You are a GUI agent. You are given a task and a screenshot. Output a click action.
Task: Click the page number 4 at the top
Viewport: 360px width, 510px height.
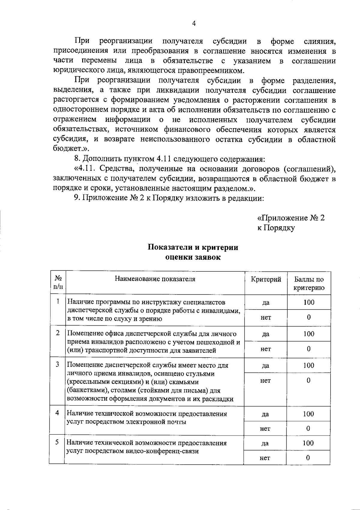click(x=194, y=24)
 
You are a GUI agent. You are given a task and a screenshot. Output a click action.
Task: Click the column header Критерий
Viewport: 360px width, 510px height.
click(x=266, y=279)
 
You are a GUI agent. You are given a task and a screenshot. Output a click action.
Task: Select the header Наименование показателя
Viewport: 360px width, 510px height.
click(x=155, y=279)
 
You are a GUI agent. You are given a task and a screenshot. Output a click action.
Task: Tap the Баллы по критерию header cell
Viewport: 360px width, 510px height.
click(x=309, y=283)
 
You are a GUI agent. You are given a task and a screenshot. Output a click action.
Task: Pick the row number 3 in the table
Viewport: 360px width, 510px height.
click(x=57, y=364)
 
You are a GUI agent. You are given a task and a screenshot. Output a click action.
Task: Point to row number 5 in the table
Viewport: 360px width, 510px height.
click(x=57, y=442)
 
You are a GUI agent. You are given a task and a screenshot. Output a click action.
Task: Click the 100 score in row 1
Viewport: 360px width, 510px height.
click(x=308, y=302)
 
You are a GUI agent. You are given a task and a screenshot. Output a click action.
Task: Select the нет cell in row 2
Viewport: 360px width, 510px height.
click(x=265, y=349)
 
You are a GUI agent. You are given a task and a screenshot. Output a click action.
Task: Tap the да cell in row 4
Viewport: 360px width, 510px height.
click(x=265, y=414)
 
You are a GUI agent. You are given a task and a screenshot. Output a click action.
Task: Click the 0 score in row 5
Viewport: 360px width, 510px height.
click(x=308, y=457)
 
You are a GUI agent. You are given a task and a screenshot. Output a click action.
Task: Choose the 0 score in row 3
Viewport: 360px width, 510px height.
click(x=308, y=380)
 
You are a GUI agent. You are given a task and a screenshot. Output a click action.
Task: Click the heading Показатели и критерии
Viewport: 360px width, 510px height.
click(x=193, y=247)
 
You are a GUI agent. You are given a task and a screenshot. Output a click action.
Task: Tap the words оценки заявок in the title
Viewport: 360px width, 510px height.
click(x=193, y=257)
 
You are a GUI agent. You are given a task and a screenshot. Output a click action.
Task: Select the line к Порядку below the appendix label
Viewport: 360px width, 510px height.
click(x=276, y=228)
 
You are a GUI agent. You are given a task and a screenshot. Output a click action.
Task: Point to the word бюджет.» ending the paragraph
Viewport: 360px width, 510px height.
click(x=71, y=149)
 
